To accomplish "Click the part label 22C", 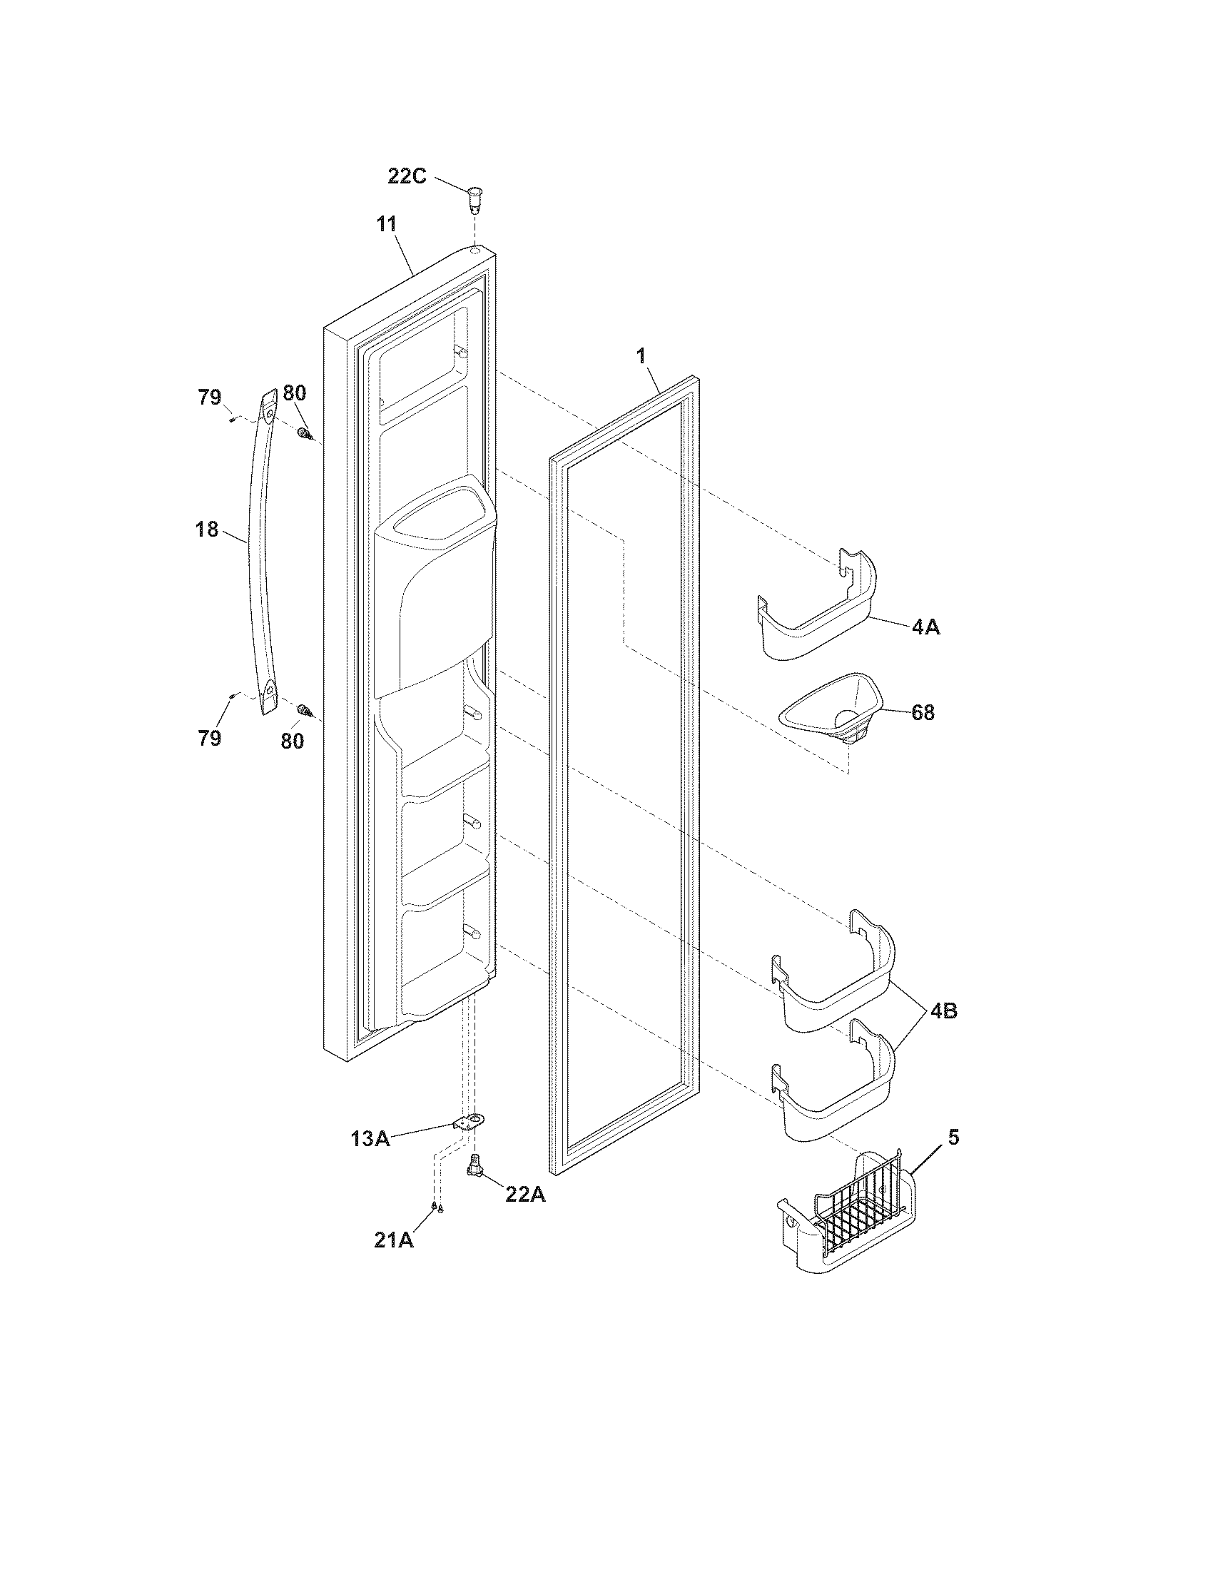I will click(x=407, y=176).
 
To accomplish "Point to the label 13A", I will click(x=370, y=1139).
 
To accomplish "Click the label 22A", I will click(x=525, y=1194).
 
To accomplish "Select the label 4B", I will click(x=943, y=1011).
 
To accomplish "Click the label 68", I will click(x=923, y=712).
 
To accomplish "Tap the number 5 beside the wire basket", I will click(x=953, y=1138).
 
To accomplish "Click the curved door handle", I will click(x=260, y=554).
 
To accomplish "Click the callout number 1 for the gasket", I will click(x=641, y=356).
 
